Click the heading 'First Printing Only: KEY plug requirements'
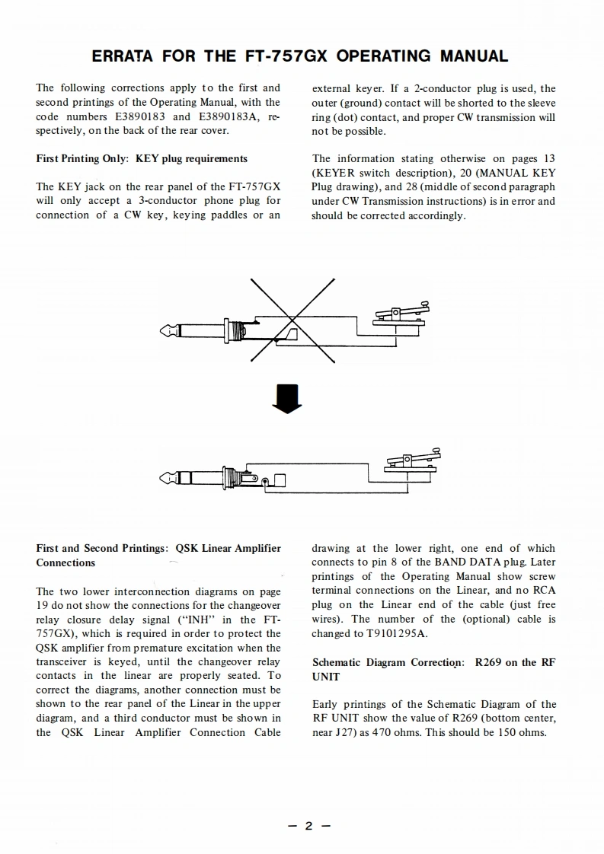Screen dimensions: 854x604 point(142,158)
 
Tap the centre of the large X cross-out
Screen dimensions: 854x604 point(293,318)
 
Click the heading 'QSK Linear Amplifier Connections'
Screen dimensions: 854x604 point(158,555)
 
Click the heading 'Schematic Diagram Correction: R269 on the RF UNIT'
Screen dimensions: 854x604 point(434,669)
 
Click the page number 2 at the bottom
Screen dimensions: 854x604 point(308,826)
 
